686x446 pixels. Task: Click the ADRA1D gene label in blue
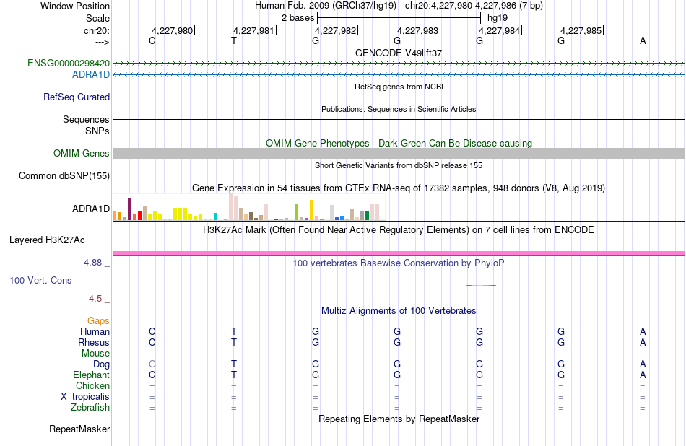click(x=91, y=75)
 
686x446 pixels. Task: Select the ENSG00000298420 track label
click(x=69, y=63)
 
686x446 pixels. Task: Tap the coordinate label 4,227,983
click(x=417, y=30)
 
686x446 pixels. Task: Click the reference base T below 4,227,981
click(x=234, y=40)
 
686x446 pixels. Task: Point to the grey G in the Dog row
click(x=152, y=364)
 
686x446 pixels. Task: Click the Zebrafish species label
click(x=90, y=407)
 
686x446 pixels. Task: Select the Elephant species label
click(x=92, y=375)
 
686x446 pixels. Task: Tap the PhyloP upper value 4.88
click(x=92, y=263)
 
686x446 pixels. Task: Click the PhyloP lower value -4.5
click(x=94, y=299)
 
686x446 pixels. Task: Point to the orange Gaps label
click(x=98, y=320)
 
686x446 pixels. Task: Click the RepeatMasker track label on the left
click(x=79, y=429)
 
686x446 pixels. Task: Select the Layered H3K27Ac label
click(x=47, y=240)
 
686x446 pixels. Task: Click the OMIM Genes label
click(x=82, y=153)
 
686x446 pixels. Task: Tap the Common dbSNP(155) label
click(x=64, y=176)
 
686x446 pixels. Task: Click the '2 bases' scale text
click(x=298, y=18)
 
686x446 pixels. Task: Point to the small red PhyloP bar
click(x=641, y=287)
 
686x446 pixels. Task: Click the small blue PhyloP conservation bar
click(x=481, y=286)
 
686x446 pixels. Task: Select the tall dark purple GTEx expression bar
click(x=129, y=209)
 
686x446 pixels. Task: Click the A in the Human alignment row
click(x=643, y=331)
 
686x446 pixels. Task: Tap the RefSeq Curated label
click(x=77, y=97)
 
